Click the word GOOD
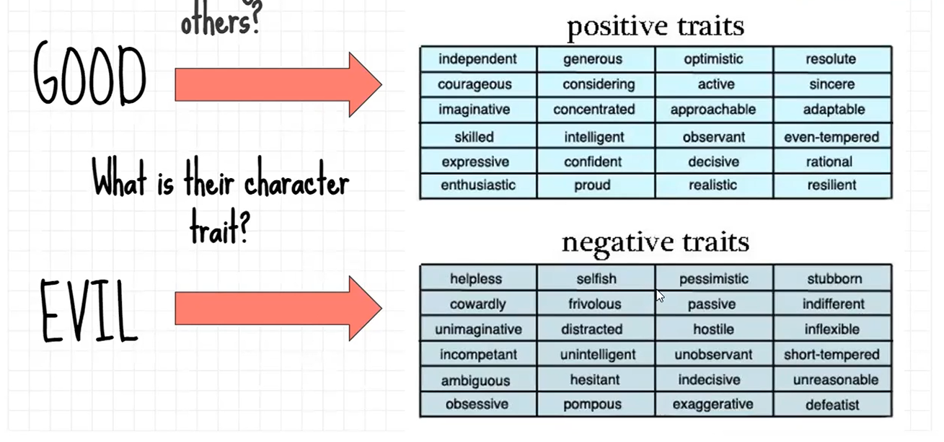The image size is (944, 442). pos(89,74)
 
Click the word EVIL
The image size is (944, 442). pos(89,311)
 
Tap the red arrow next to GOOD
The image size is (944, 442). pos(278,84)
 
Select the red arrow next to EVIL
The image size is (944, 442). pos(278,309)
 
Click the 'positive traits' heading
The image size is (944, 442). pos(656,27)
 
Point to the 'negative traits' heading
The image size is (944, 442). pos(656,244)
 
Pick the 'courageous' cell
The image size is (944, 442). pos(478,84)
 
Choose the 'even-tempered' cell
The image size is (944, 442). pos(832,136)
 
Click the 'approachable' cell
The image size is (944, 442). pos(714,110)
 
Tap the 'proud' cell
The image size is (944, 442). pos(596,185)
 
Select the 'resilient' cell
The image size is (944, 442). pos(832,185)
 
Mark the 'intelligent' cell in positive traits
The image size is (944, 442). pos(596,136)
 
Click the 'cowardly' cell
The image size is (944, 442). pos(478,303)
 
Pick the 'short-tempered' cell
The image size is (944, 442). pos(832,354)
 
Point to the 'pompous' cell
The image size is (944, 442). pos(596,404)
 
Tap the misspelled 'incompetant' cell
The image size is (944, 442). pos(478,354)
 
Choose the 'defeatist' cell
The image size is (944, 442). pos(832,404)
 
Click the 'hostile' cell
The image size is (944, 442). pos(714,328)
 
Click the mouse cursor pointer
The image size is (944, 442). pos(660,296)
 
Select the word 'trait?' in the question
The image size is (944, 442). pos(219,228)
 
